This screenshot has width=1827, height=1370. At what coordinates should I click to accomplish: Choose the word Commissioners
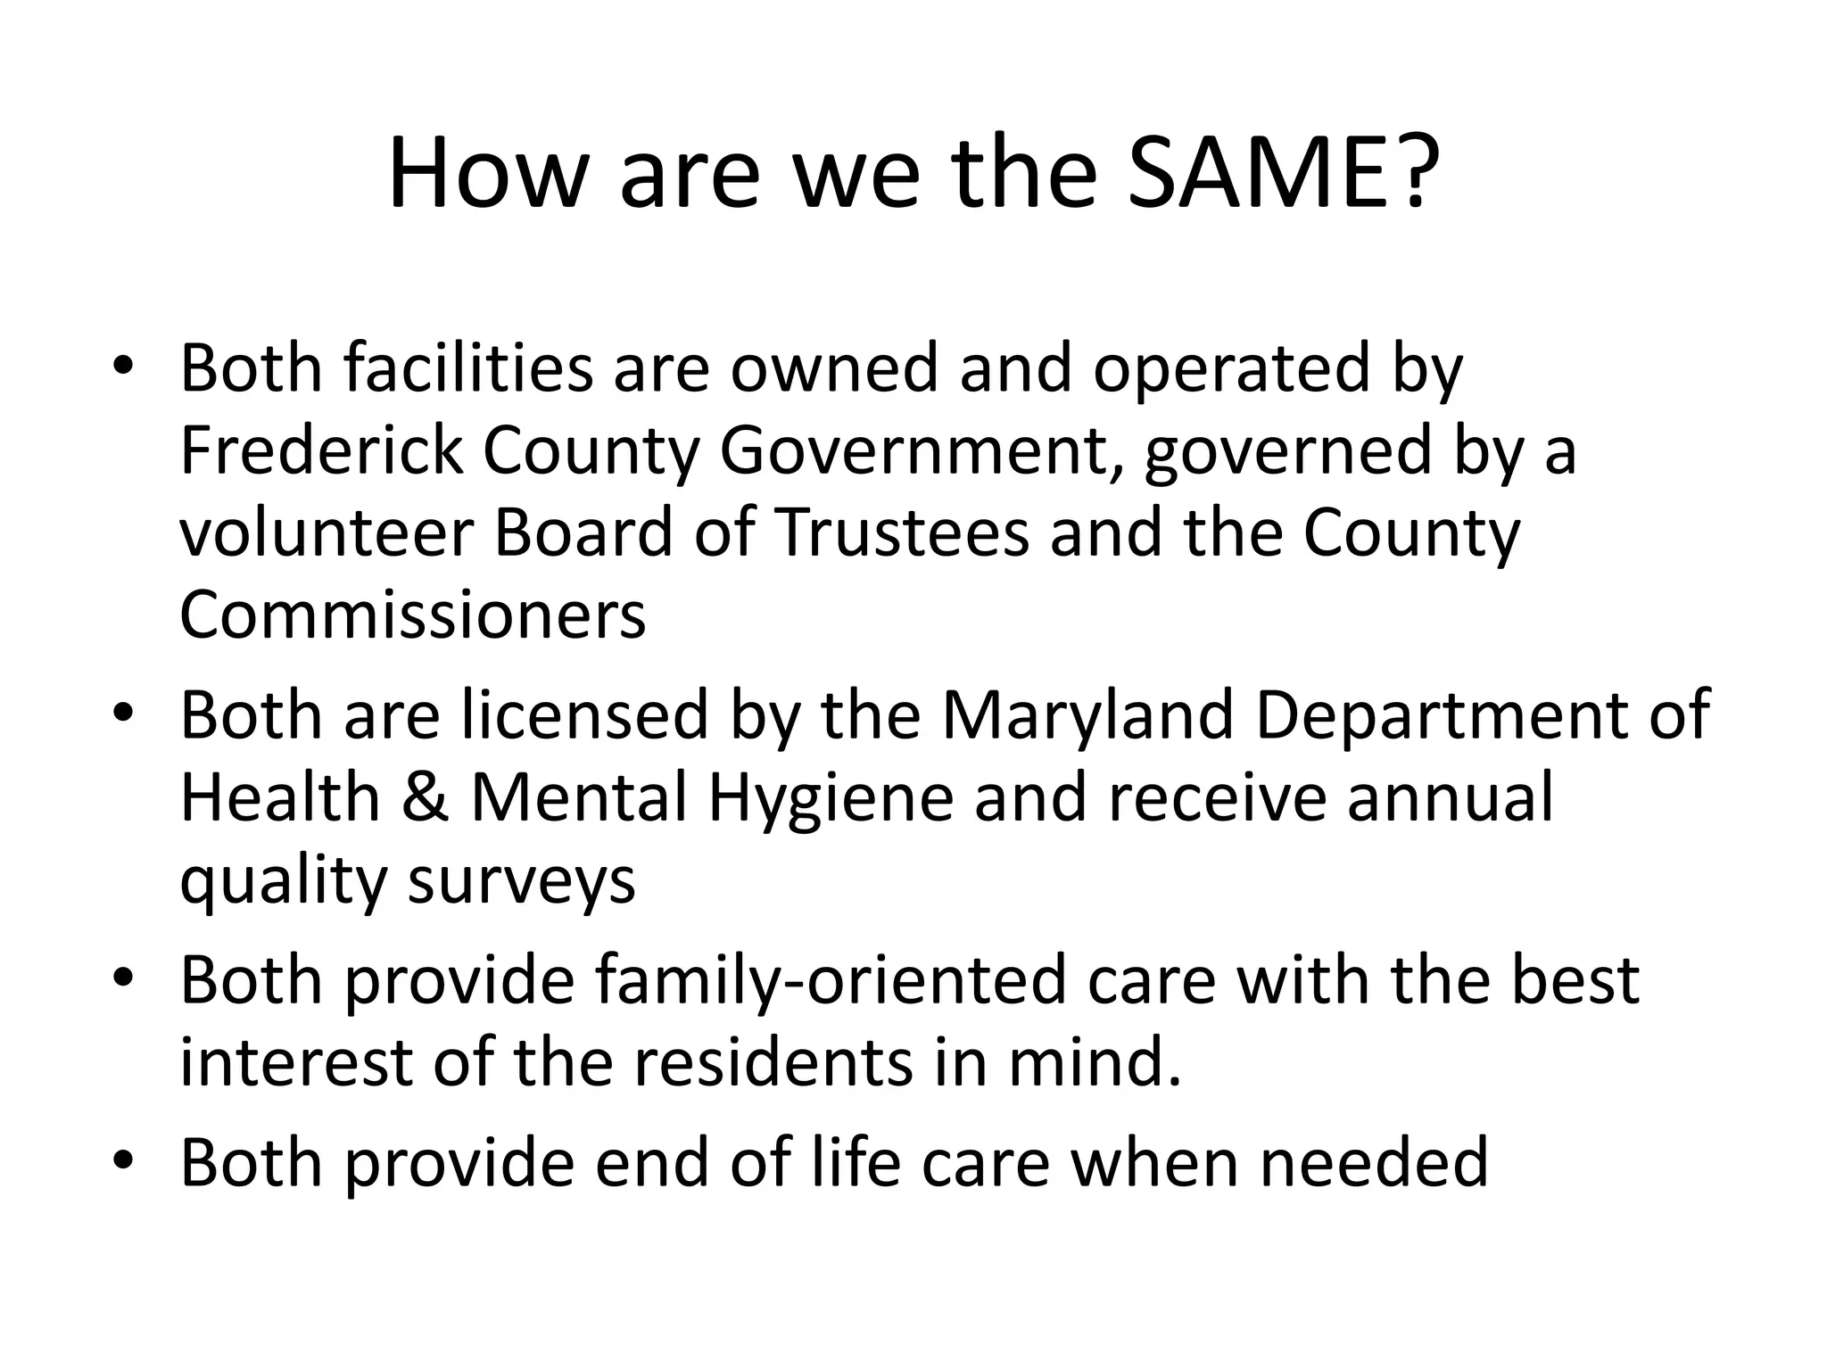pos(413,615)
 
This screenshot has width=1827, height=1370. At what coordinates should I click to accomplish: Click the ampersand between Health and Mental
pos(425,796)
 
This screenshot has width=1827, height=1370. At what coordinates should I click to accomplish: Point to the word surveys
pos(522,880)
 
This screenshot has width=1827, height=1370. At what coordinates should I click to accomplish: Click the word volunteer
pos(326,532)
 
